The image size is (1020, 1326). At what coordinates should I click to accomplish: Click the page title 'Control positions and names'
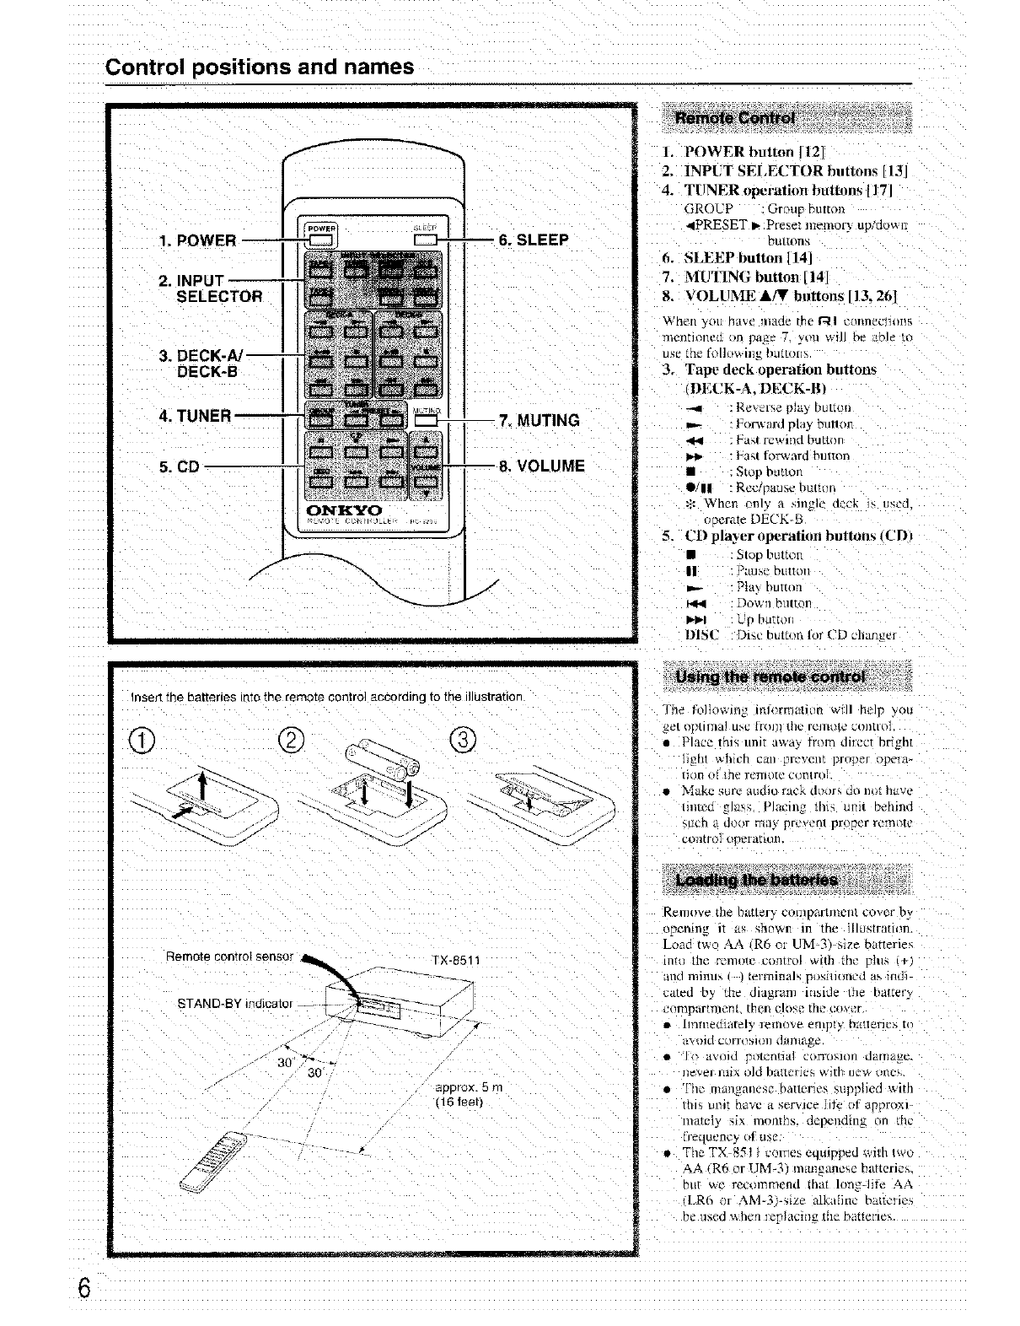click(260, 67)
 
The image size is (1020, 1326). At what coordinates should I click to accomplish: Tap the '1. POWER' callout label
click(196, 240)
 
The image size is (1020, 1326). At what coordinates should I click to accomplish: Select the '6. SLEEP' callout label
click(534, 240)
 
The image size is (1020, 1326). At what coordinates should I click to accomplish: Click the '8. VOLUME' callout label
click(542, 466)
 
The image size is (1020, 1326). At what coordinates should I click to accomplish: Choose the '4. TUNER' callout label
click(195, 416)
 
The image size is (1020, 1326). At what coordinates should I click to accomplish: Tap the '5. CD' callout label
click(179, 466)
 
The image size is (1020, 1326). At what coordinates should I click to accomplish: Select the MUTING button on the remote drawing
click(427, 420)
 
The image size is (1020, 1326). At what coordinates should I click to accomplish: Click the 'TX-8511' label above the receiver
click(456, 960)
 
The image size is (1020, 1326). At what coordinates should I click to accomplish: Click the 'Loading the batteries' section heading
click(756, 881)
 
